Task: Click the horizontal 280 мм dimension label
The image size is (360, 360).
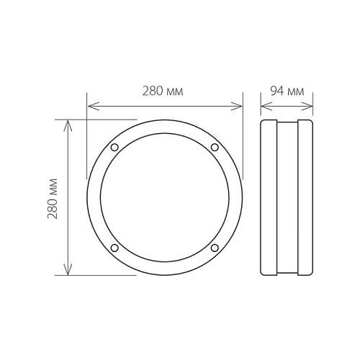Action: [163, 91]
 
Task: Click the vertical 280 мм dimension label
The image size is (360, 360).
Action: [53, 199]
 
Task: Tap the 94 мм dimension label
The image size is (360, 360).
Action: [287, 91]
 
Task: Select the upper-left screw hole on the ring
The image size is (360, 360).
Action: [114, 147]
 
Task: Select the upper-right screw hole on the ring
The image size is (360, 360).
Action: [215, 147]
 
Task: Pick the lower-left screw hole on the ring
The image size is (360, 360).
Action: [114, 248]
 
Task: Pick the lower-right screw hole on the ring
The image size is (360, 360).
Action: [215, 248]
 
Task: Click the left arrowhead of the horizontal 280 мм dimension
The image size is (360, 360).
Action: [94, 106]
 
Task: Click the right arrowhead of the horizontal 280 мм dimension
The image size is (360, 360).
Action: [236, 106]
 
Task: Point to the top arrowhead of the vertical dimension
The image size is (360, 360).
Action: [68, 126]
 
